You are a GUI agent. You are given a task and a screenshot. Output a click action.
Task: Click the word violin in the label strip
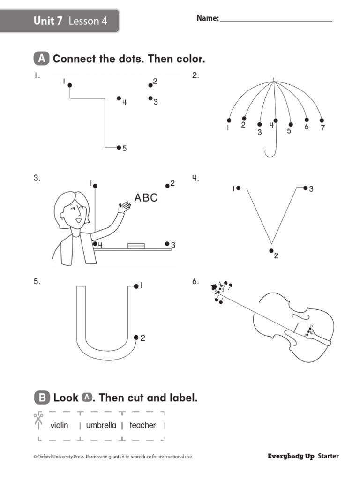point(60,426)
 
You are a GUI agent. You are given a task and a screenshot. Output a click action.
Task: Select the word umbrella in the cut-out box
point(101,426)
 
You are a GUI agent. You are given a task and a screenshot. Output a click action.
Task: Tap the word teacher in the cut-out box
point(142,426)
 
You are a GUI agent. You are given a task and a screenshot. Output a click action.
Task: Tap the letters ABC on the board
point(146,198)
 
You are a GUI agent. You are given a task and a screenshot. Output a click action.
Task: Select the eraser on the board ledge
point(136,245)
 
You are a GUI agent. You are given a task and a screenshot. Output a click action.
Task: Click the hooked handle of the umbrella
point(270,151)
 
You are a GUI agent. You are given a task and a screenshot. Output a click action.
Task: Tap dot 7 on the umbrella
point(322,120)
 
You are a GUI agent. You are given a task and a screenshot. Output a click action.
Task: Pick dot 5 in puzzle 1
point(119,147)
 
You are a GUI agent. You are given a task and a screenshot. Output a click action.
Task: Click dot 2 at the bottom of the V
point(271,251)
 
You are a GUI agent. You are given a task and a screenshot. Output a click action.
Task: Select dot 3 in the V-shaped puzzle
point(305,188)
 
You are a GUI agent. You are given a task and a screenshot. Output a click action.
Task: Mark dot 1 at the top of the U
point(136,286)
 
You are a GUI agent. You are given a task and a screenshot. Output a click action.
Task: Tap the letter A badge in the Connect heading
point(42,59)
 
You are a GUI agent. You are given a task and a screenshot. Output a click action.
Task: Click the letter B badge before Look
point(42,398)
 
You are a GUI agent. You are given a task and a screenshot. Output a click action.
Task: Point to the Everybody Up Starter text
point(303,456)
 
